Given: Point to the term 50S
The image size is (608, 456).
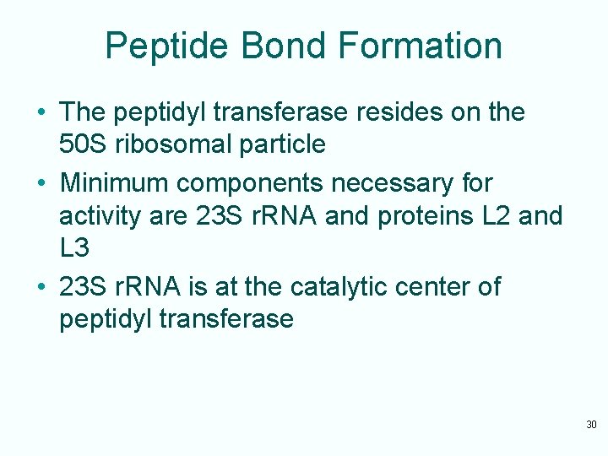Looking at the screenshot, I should pyautogui.click(x=84, y=144).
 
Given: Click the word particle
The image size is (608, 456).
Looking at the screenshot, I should pyautogui.click(x=284, y=144).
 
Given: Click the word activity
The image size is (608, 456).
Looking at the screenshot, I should pyautogui.click(x=92, y=216).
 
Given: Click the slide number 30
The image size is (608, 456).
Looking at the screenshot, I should pyautogui.click(x=591, y=424).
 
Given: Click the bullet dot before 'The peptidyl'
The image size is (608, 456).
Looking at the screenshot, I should pyautogui.click(x=41, y=113).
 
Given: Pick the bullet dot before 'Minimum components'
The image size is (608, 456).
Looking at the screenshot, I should pyautogui.click(x=41, y=183).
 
